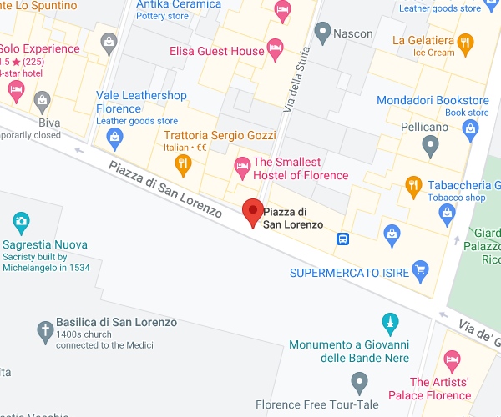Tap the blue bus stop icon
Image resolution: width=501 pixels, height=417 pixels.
point(342,239)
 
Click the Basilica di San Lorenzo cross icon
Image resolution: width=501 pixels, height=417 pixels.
point(44,331)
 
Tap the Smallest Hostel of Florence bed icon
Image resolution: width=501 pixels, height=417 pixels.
point(241,168)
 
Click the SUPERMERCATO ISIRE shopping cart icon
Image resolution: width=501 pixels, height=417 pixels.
point(420,270)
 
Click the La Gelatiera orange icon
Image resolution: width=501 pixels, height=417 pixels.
point(466,40)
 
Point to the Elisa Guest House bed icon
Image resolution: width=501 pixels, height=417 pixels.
point(275,48)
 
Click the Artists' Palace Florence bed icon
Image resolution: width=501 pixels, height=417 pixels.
point(452,361)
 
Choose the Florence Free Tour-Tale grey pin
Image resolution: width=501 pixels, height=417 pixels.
point(360,383)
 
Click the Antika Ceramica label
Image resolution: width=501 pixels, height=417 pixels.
point(179,4)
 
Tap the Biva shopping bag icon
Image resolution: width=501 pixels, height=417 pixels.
point(42,101)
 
